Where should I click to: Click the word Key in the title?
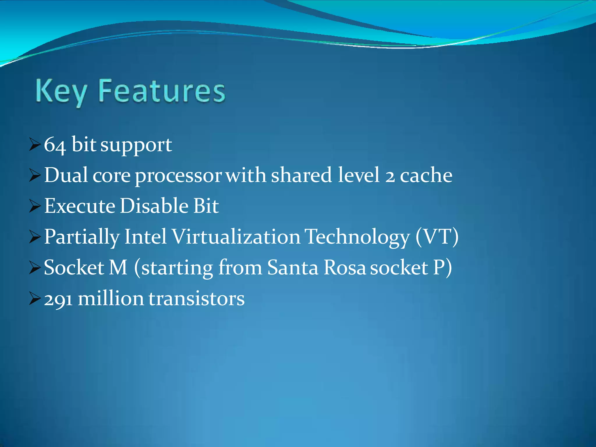click(x=61, y=92)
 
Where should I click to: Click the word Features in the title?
click(x=162, y=91)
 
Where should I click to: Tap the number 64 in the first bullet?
click(x=54, y=145)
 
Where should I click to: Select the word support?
click(x=136, y=145)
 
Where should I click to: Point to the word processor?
click(x=178, y=176)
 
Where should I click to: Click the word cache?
click(x=426, y=175)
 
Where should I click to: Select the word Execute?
click(x=80, y=206)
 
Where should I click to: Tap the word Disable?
click(x=154, y=206)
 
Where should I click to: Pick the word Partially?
click(x=82, y=237)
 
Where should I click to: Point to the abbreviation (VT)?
click(x=437, y=237)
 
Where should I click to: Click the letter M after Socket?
click(x=118, y=267)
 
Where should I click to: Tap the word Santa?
click(x=293, y=267)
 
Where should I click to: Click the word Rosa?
click(x=344, y=267)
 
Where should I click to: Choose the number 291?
click(x=58, y=299)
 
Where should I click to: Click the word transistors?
click(x=197, y=299)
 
